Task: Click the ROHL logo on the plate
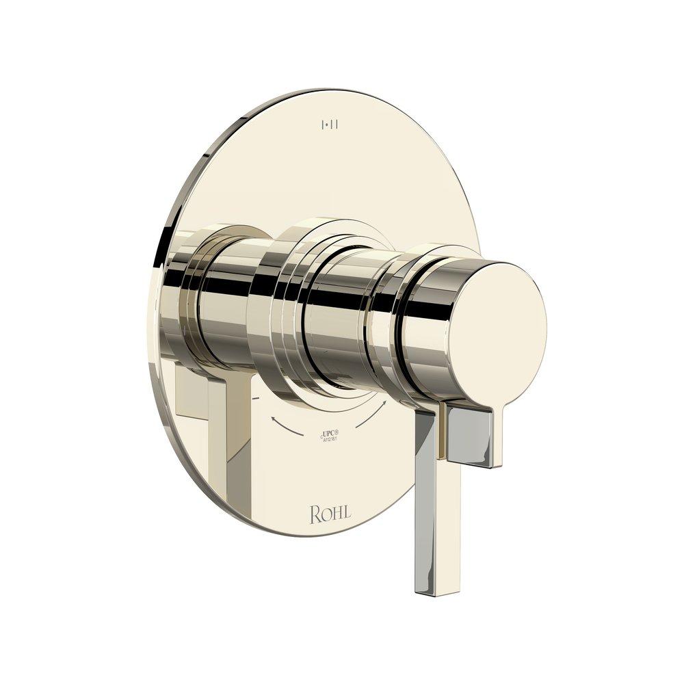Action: [x=330, y=514]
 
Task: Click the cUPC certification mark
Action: [x=330, y=433]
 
